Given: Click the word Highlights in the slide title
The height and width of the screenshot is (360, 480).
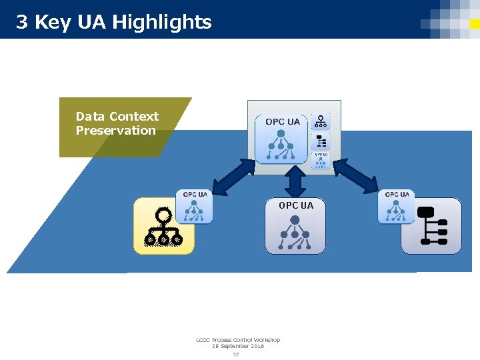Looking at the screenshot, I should click(x=162, y=23).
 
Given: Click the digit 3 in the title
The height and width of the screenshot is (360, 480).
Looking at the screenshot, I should click(x=21, y=23).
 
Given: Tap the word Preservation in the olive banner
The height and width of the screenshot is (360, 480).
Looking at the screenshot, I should click(x=115, y=131).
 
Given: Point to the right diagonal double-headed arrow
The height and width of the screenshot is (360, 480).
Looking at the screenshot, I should click(x=355, y=177).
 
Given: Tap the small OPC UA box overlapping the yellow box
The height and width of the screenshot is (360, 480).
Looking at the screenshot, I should click(x=195, y=207).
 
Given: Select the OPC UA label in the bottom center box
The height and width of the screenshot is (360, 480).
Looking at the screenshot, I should click(x=295, y=205).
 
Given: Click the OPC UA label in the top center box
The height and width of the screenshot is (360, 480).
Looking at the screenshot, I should click(x=283, y=122).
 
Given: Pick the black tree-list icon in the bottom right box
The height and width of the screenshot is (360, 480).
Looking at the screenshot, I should click(x=431, y=227).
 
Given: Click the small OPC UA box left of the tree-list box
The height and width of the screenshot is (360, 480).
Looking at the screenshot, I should click(x=397, y=207).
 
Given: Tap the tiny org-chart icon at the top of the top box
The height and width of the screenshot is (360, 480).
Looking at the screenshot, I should click(x=321, y=121).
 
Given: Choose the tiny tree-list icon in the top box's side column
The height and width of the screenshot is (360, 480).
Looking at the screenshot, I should click(x=321, y=141).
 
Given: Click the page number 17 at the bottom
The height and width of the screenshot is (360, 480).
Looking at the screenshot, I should click(x=236, y=354).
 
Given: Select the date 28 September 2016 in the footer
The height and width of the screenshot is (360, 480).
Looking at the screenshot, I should click(x=238, y=346).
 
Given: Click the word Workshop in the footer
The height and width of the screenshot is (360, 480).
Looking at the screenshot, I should click(x=268, y=340).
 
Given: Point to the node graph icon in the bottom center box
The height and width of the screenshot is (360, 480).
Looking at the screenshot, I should click(x=295, y=233).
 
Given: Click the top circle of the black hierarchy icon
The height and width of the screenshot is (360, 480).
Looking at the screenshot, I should click(x=163, y=215).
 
